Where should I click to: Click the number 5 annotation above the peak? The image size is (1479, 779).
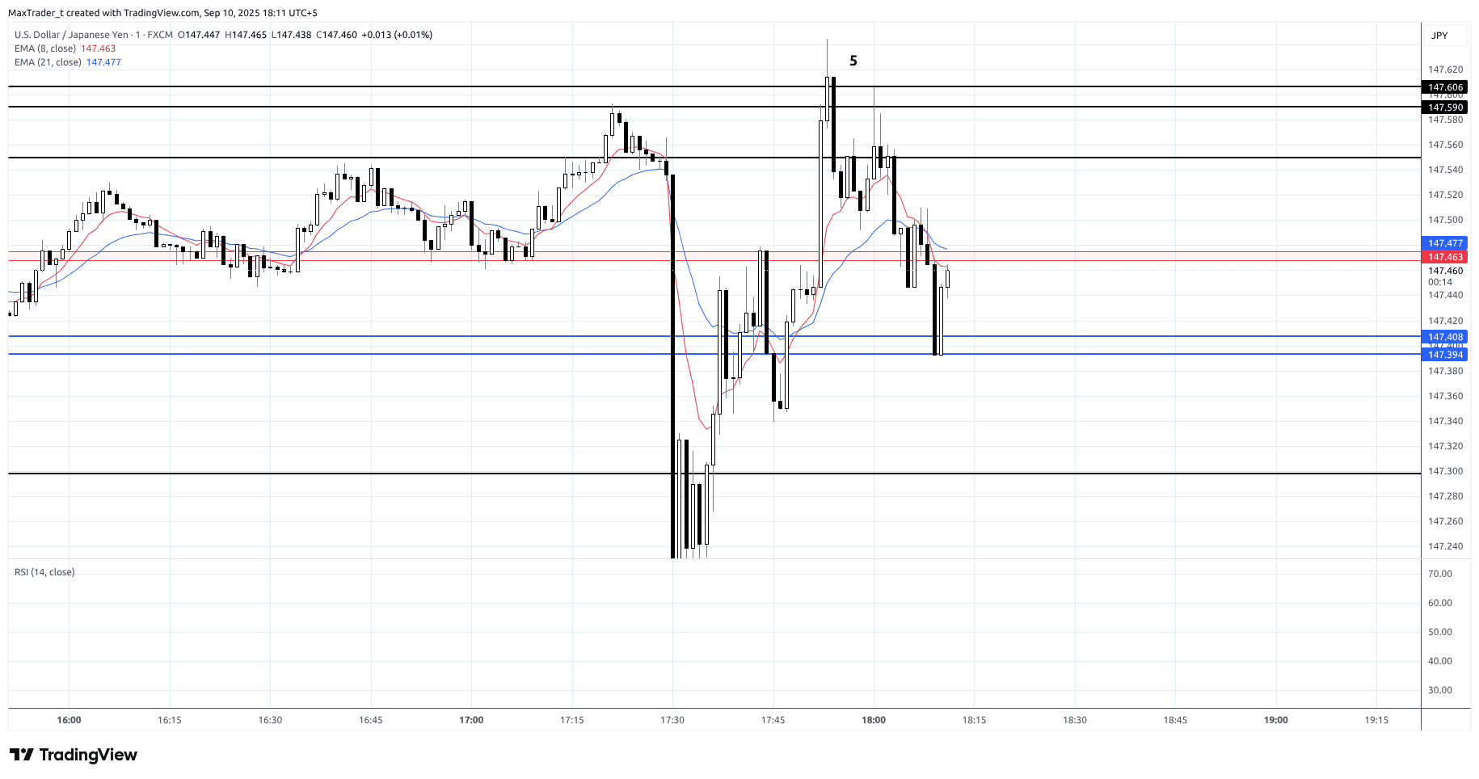click(853, 61)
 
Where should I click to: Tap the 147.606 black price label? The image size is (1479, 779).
click(1445, 87)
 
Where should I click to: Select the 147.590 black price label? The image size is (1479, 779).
click(1445, 107)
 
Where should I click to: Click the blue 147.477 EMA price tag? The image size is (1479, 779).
click(1445, 243)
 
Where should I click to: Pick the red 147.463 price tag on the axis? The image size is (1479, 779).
click(1445, 257)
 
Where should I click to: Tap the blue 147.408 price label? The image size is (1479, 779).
click(1445, 337)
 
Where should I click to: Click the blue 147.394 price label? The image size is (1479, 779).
click(1445, 355)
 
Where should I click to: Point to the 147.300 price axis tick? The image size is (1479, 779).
click(1445, 471)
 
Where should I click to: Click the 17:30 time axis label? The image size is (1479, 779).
click(672, 720)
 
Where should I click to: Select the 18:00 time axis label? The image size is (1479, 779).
click(874, 720)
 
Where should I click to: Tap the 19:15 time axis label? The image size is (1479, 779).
click(1376, 720)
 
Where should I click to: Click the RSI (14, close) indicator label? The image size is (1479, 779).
click(44, 572)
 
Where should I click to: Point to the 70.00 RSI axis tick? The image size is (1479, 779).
click(1440, 574)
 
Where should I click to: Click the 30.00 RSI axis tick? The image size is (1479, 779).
click(1440, 690)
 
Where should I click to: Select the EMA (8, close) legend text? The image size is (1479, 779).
click(45, 48)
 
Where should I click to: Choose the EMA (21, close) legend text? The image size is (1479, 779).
click(48, 62)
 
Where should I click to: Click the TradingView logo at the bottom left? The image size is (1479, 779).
click(74, 755)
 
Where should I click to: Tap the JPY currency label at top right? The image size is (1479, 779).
click(1439, 36)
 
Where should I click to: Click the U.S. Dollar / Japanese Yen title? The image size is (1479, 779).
click(71, 35)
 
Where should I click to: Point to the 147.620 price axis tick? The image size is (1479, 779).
click(1445, 69)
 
